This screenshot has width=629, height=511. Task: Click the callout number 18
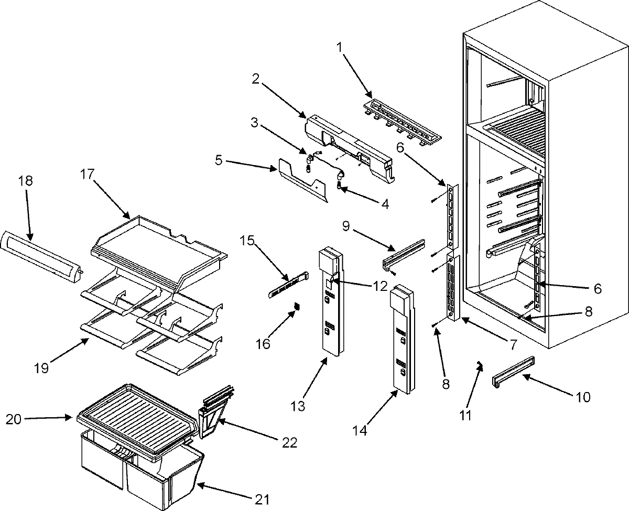pyautogui.click(x=25, y=181)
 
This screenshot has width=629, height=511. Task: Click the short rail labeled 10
pyautogui.click(x=513, y=371)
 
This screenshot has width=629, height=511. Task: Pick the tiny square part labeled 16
pyautogui.click(x=297, y=305)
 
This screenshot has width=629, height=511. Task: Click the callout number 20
pyautogui.click(x=15, y=418)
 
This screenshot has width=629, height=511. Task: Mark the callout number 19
pyautogui.click(x=42, y=368)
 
